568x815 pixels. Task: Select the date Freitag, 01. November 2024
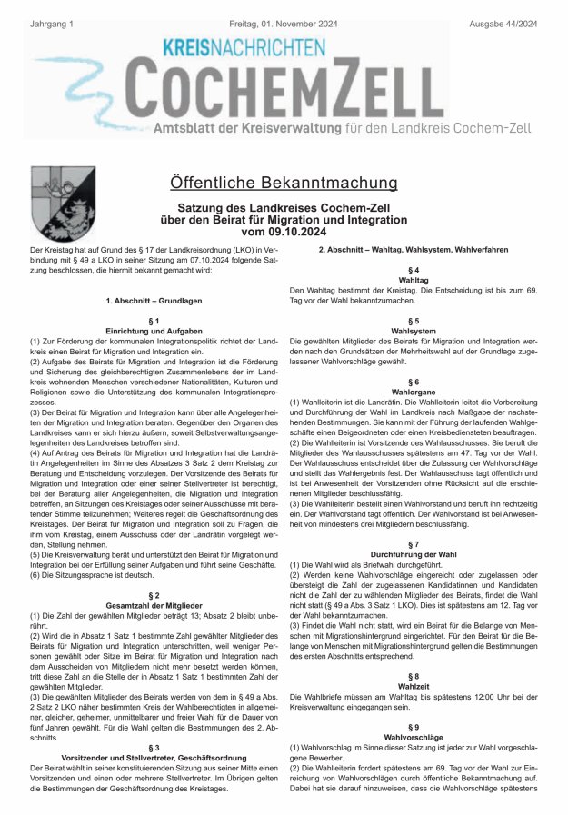tap(283, 9)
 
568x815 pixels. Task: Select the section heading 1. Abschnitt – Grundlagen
tap(153, 300)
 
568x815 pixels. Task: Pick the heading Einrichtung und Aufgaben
tap(153, 331)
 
